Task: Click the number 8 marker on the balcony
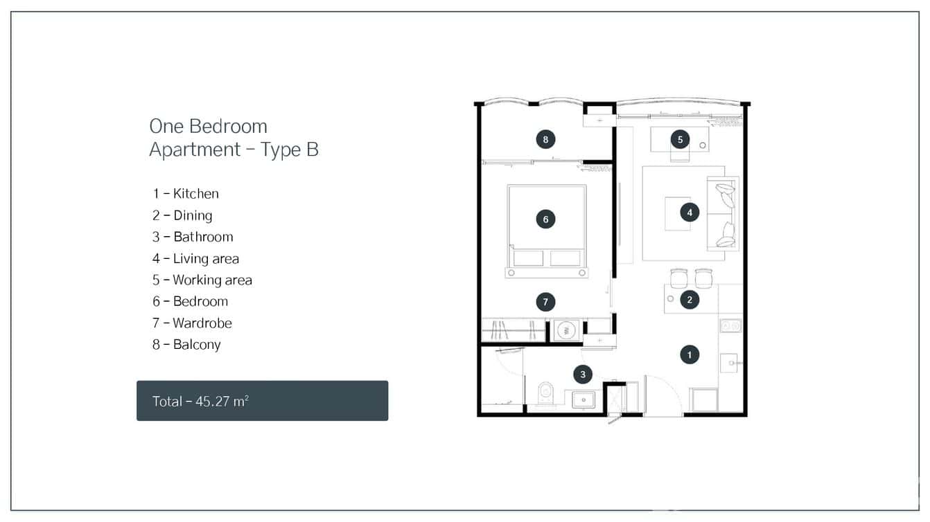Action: (x=545, y=139)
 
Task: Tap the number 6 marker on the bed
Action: (x=545, y=219)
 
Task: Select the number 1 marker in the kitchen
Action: (x=690, y=355)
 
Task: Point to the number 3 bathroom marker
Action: (x=583, y=375)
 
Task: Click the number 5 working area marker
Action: (x=680, y=139)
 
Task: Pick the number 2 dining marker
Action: (x=690, y=300)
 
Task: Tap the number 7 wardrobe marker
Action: (x=545, y=302)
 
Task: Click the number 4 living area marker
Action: (x=690, y=213)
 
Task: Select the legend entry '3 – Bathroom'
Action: (x=193, y=237)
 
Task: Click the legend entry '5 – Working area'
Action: (x=202, y=280)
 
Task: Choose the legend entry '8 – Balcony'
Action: (x=186, y=345)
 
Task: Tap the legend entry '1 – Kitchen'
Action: (x=186, y=194)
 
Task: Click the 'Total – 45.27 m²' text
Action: (x=200, y=401)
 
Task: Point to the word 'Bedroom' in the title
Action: (x=229, y=127)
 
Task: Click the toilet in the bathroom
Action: (x=545, y=394)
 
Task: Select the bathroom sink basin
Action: (x=584, y=400)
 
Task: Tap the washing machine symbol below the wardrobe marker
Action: (x=566, y=330)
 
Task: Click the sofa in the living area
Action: (x=723, y=213)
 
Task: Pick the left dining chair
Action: (x=679, y=278)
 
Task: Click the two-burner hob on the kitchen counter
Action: (x=730, y=325)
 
